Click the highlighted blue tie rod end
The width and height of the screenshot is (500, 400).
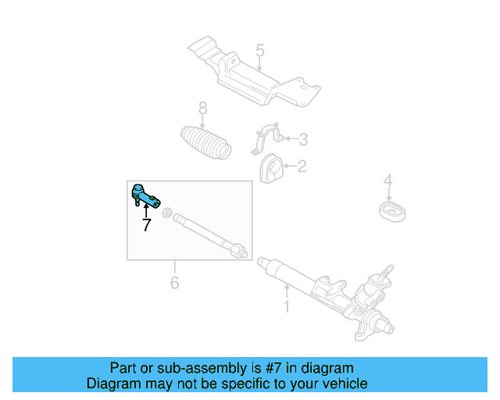point(145,195)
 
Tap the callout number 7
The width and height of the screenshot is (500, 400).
point(146,226)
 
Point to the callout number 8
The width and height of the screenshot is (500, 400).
point(202,108)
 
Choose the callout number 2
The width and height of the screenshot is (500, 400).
point(302,166)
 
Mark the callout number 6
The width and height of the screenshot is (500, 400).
point(174,281)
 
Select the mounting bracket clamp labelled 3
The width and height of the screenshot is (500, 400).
point(266,140)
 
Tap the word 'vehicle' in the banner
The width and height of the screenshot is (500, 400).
point(341,384)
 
